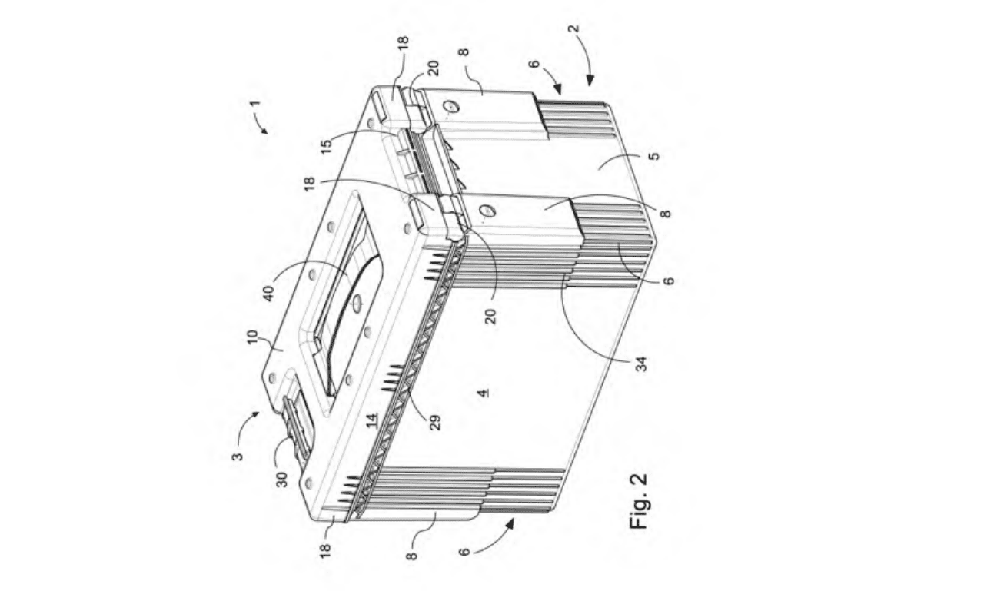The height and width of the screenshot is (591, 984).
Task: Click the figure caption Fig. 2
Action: pyautogui.click(x=639, y=501)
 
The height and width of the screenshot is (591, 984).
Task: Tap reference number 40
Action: pyautogui.click(x=268, y=294)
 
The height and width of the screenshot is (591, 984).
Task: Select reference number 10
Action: pyautogui.click(x=252, y=337)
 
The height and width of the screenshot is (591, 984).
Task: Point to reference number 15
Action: pyautogui.click(x=326, y=146)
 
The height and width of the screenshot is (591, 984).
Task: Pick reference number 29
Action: pyautogui.click(x=434, y=423)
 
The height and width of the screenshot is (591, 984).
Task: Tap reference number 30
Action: pyautogui.click(x=281, y=480)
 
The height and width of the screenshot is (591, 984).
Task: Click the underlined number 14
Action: pyautogui.click(x=373, y=420)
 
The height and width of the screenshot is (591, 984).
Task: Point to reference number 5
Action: pyautogui.click(x=654, y=156)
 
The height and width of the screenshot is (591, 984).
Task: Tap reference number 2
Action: pyautogui.click(x=573, y=29)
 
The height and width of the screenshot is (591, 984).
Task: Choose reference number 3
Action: pyautogui.click(x=238, y=456)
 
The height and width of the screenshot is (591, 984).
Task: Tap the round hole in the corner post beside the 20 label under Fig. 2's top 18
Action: pyautogui.click(x=451, y=107)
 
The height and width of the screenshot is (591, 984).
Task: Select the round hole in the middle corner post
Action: pyautogui.click(x=488, y=211)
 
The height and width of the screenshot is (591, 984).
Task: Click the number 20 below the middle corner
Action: pyautogui.click(x=490, y=316)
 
